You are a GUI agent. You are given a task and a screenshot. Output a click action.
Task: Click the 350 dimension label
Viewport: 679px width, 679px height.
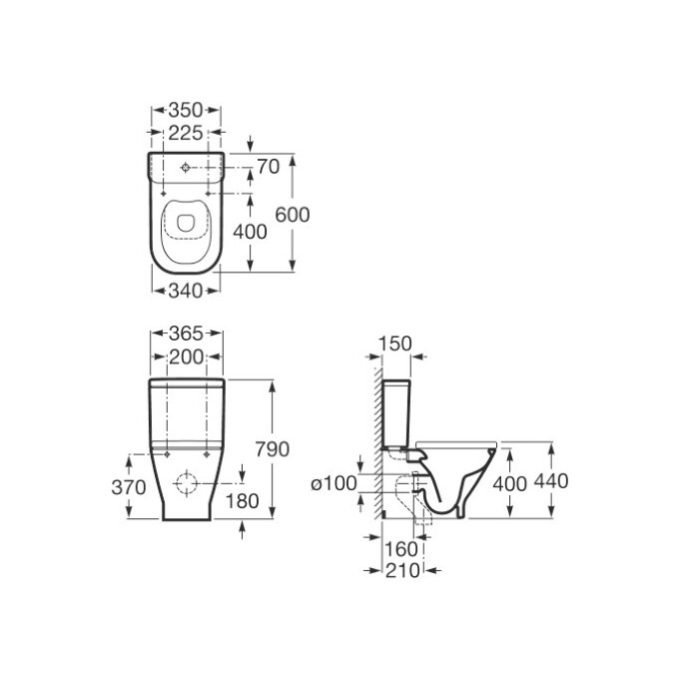[x=186, y=110]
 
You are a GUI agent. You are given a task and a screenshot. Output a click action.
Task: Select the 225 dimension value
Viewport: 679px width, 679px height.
[x=186, y=133]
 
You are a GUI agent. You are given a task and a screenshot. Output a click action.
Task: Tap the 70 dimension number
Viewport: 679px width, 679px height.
[x=269, y=167]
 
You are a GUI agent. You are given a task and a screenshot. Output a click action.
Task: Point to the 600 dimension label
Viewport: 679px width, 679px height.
[x=293, y=215]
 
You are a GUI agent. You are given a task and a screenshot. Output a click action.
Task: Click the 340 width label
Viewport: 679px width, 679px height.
[x=186, y=291]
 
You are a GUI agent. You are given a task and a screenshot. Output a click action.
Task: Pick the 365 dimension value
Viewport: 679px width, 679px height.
[x=186, y=334]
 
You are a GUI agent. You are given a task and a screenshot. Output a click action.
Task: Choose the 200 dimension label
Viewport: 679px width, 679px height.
[x=186, y=357]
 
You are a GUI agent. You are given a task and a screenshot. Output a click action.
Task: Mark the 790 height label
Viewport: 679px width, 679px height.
[x=272, y=449]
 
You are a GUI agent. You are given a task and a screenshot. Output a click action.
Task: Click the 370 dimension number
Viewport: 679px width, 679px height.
[x=129, y=487]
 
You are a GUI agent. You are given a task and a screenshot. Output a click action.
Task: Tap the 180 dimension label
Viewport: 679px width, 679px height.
[x=242, y=501]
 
